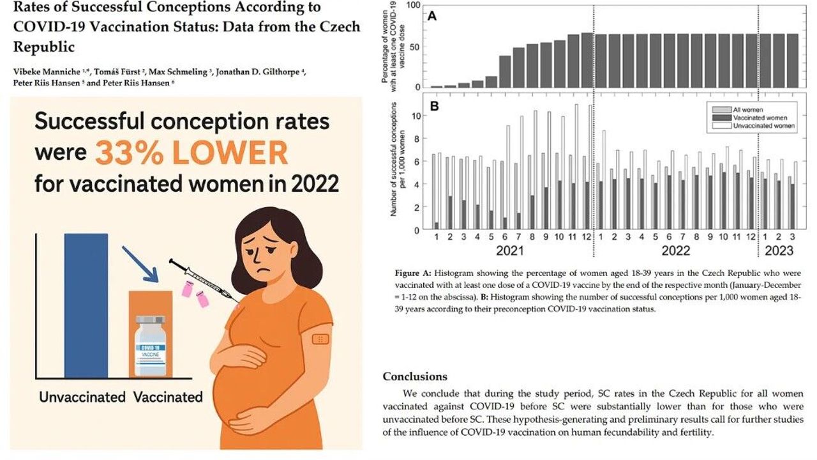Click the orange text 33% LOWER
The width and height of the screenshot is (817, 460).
tap(191, 153)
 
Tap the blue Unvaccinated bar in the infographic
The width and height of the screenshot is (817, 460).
tap(86, 307)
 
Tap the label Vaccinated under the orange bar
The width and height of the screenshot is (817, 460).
tap(168, 397)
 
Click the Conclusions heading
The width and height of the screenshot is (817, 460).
tap(415, 376)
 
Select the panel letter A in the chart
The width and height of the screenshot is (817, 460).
tap(432, 16)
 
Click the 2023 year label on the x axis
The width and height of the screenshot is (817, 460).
tap(779, 250)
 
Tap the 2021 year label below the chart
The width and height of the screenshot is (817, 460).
tap(511, 250)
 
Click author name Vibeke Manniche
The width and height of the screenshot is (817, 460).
tap(41, 72)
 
